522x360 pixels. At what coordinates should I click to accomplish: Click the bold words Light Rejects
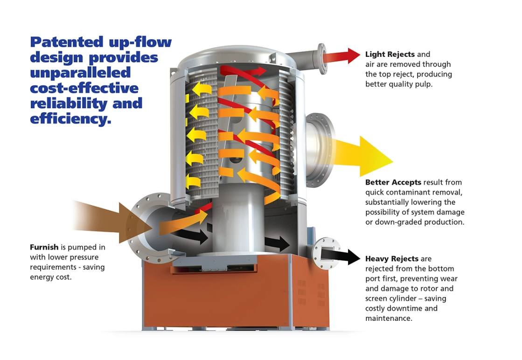(x=390, y=55)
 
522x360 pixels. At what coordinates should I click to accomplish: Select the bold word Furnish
(x=44, y=247)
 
